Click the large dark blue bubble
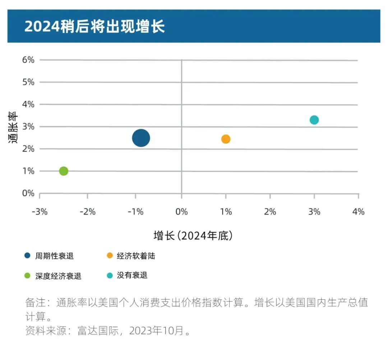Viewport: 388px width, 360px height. [141, 138]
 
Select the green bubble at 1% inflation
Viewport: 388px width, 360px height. [64, 171]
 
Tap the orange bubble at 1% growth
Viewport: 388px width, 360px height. [226, 139]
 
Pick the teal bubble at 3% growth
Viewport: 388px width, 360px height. [314, 120]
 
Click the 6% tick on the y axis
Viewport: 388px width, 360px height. [28, 60]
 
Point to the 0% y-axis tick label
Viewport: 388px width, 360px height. [28, 193]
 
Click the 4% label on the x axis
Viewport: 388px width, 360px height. [358, 212]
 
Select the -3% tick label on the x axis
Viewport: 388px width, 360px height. [40, 212]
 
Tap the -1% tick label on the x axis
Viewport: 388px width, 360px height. [135, 212]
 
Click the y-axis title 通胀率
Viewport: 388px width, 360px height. [13, 127]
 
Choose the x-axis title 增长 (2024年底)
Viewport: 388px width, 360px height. [193, 236]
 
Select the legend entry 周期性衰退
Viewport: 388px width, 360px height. [54, 256]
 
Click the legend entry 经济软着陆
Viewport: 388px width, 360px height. [136, 256]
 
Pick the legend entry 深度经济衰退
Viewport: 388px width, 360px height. [58, 276]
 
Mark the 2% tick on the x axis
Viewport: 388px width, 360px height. [270, 212]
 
